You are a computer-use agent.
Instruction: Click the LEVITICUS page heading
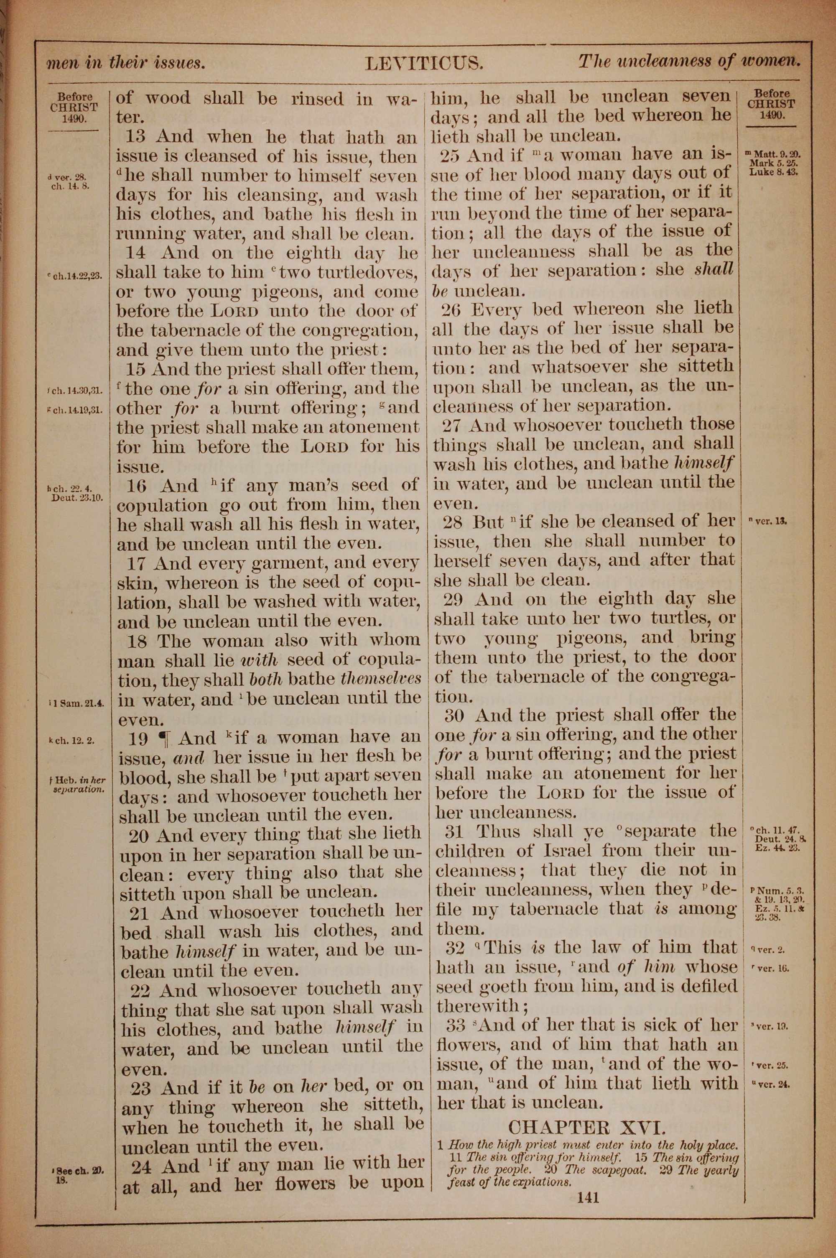424,64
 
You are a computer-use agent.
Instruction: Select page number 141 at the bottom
588,1198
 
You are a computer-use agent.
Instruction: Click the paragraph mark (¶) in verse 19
164,739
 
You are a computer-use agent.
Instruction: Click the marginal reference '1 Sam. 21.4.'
77,703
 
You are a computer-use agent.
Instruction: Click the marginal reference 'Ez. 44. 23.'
777,847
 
